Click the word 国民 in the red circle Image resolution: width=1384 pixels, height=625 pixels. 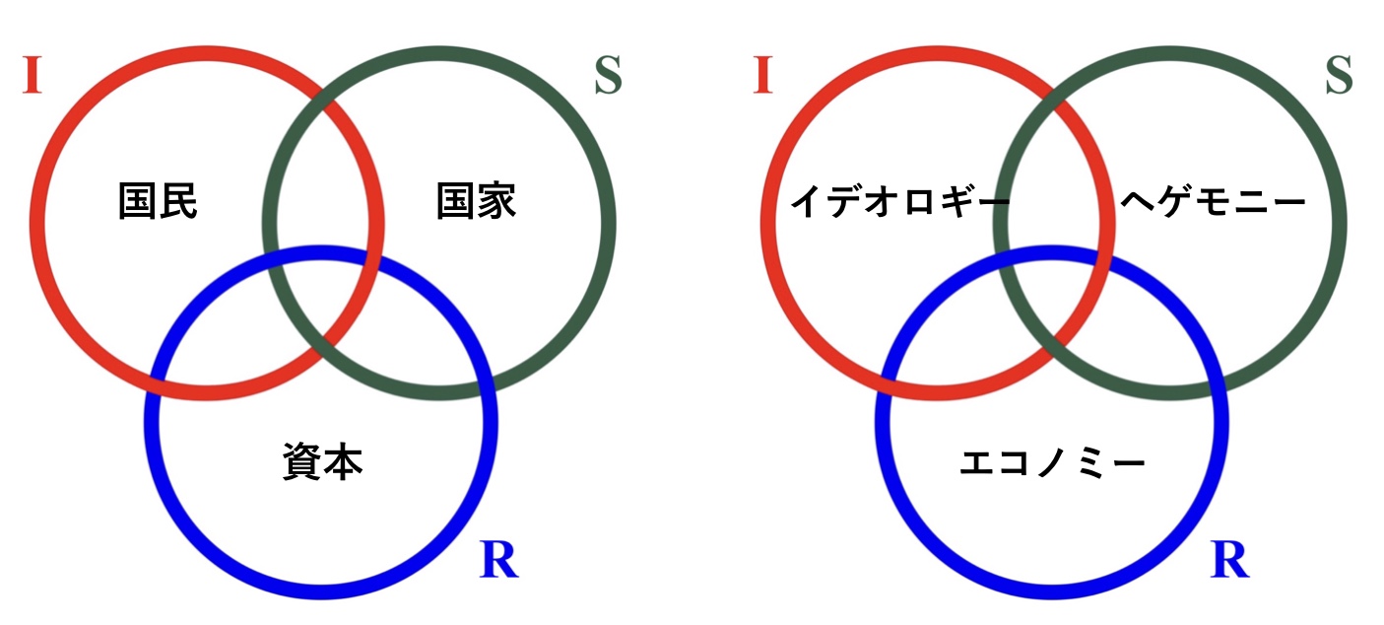pos(158,202)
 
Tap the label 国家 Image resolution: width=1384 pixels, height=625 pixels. pos(476,202)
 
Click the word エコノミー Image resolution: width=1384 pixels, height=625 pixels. pos(1052,462)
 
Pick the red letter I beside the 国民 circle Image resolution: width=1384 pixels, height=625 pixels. pos(32,77)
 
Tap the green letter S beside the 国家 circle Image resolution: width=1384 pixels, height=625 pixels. pos(609,77)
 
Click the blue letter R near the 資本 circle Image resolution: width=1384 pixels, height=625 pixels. pos(498,561)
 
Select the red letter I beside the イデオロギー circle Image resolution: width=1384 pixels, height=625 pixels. pos(761,77)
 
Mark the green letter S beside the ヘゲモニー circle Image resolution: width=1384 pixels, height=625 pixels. pos(1339,77)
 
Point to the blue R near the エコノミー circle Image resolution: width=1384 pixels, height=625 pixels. pos(1229,561)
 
